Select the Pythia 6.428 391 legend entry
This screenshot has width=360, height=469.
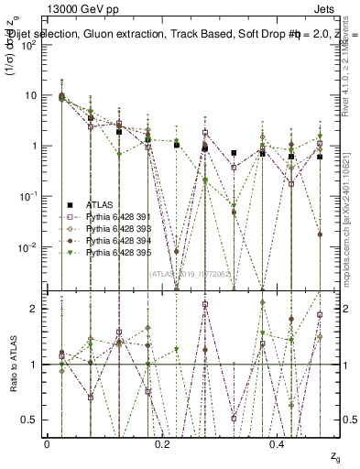(x=109, y=216)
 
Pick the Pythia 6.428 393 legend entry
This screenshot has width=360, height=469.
(x=109, y=228)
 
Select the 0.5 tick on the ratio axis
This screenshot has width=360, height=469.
(x=35, y=420)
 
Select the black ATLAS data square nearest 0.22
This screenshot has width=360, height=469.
(x=177, y=145)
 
